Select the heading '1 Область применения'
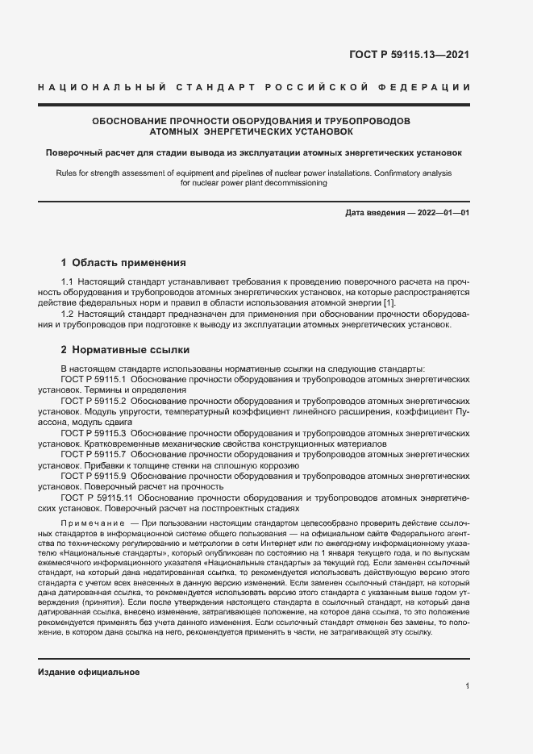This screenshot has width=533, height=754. point(123,263)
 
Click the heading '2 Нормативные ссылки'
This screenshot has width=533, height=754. point(125,350)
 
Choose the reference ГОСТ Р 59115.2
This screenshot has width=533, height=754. point(91,400)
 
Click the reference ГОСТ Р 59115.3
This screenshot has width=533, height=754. point(91,433)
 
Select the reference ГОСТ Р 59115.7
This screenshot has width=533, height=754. point(91,455)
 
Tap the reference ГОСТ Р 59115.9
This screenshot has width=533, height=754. point(91,477)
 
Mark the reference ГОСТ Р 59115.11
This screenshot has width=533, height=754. point(94,498)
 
